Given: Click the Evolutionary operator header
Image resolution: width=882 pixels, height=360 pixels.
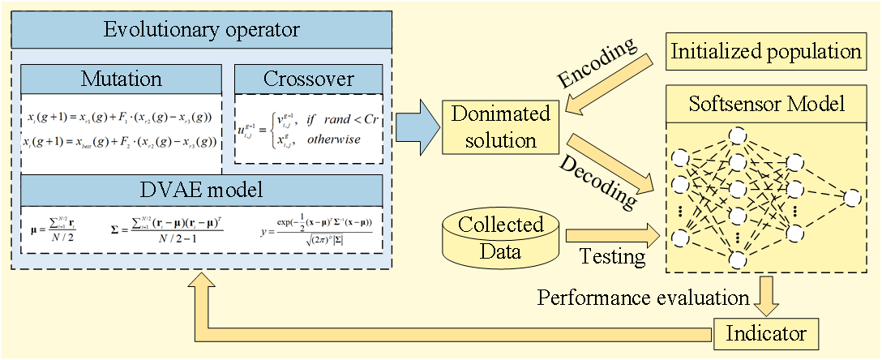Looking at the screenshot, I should tap(203, 31).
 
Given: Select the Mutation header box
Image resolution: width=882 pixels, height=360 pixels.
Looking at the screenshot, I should tap(122, 79).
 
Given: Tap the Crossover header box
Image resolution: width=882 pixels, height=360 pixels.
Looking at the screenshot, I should tap(308, 79).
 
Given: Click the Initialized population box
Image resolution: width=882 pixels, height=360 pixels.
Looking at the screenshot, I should tap(766, 52).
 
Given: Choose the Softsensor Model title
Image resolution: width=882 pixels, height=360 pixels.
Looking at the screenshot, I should tap(766, 104).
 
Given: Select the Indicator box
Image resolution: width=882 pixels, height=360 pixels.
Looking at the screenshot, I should tap(766, 332).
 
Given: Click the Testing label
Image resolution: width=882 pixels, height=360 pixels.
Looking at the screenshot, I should tap(612, 257).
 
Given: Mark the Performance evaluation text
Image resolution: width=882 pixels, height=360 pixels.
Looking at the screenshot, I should tap(644, 298).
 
